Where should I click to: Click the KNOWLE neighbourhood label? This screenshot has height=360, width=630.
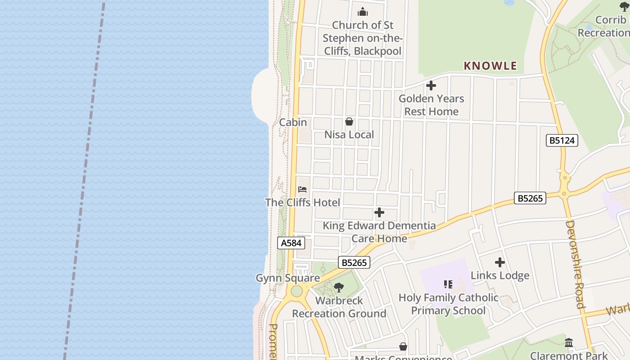click(490, 66)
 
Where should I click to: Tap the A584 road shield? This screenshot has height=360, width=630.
click(291, 243)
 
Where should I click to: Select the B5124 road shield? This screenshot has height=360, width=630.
click(562, 140)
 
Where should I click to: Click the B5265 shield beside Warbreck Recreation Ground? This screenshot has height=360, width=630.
click(354, 262)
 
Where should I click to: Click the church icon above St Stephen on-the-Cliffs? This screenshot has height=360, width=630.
click(363, 12)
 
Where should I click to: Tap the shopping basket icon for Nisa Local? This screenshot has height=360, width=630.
click(349, 121)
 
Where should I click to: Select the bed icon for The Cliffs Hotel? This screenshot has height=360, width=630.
click(302, 189)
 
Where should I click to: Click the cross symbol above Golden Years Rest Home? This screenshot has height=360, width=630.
click(431, 85)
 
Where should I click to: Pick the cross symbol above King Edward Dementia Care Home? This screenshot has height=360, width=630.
click(379, 212)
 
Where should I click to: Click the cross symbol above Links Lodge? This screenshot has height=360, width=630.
click(499, 262)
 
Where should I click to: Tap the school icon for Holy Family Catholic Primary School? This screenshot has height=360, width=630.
click(448, 284)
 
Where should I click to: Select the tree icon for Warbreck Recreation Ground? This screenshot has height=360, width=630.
click(339, 287)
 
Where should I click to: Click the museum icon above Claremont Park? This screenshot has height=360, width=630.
click(569, 343)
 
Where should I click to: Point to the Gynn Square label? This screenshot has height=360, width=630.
click(288, 278)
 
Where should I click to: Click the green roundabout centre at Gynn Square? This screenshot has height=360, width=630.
click(297, 291)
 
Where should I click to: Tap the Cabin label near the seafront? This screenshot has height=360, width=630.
click(293, 122)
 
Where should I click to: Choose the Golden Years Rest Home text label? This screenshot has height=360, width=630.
click(431, 105)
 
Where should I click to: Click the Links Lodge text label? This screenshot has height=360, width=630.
click(499, 275)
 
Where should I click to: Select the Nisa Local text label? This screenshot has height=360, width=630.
click(349, 135)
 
